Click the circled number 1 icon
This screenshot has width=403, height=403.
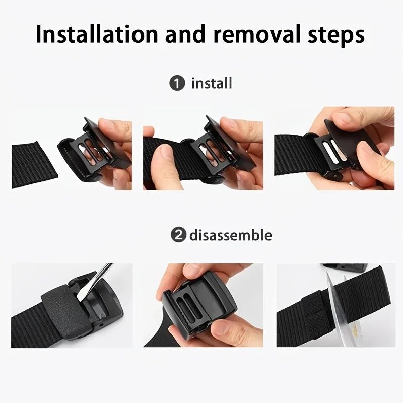click(x=177, y=83)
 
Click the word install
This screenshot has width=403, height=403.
click(x=212, y=83)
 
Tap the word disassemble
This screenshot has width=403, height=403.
click(x=231, y=235)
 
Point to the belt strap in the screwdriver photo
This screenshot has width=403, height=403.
click(x=25, y=322)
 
